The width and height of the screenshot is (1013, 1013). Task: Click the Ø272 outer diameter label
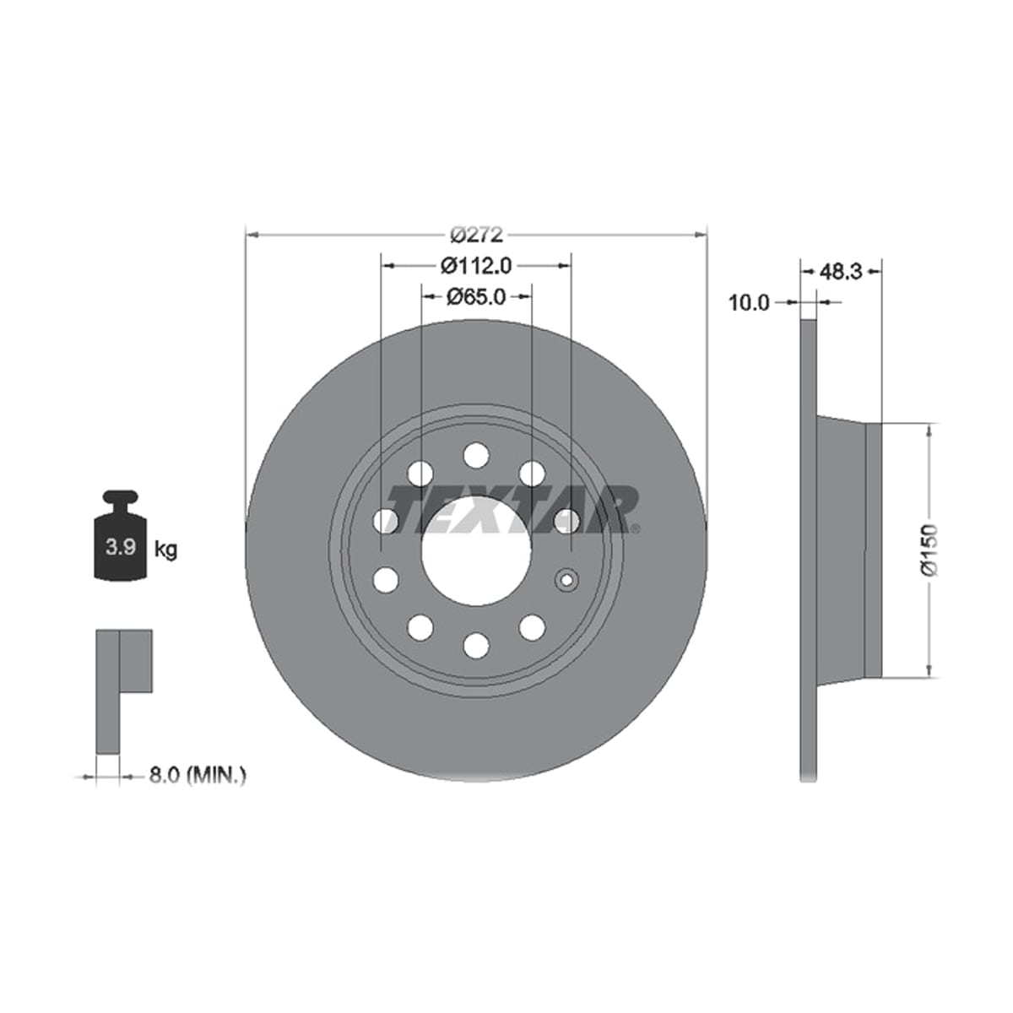pos(477,235)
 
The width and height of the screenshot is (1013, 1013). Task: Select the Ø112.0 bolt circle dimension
pos(476,265)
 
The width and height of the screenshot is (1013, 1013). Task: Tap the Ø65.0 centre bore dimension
pos(476,297)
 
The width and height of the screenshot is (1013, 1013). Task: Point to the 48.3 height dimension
pos(841,271)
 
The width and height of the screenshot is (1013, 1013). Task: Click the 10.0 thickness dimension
pos(749,303)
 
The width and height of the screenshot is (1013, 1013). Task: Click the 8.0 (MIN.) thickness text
pos(198,789)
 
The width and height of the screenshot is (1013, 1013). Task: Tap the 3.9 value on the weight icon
pos(121,547)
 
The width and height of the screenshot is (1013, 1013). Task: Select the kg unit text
pos(166,550)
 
